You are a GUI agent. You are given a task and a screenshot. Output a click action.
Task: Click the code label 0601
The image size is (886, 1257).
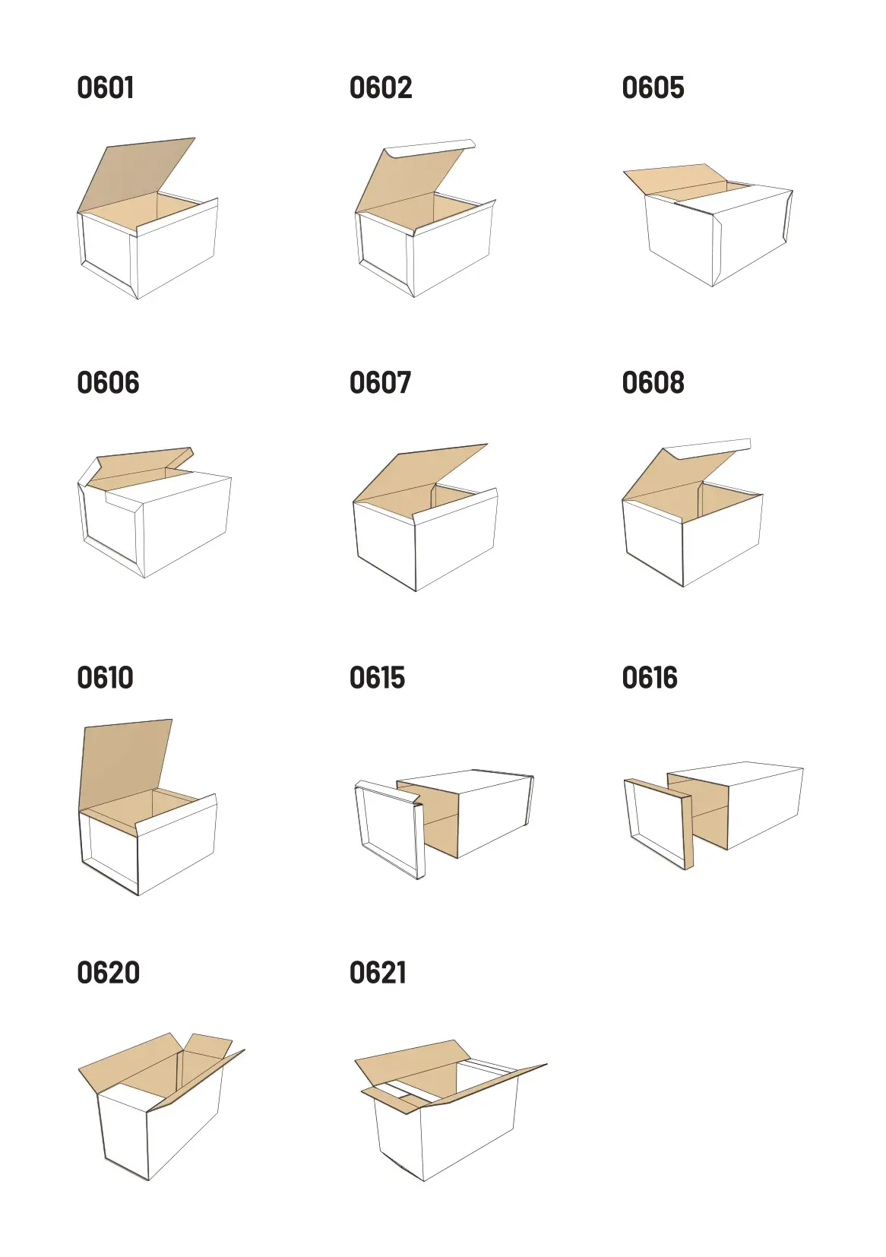(x=106, y=87)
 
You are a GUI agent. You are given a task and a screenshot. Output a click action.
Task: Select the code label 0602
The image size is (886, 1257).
(x=381, y=87)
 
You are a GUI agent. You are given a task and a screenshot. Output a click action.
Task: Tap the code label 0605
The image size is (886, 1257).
(x=653, y=87)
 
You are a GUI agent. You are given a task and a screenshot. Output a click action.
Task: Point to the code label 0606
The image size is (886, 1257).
(x=108, y=383)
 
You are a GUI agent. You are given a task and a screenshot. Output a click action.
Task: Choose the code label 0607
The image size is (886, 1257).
(x=380, y=383)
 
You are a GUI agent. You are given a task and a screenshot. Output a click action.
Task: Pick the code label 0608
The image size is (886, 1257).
(x=653, y=383)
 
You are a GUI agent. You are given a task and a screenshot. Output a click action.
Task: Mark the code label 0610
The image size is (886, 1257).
(x=105, y=677)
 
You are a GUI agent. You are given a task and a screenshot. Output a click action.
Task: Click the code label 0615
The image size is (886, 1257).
(x=377, y=677)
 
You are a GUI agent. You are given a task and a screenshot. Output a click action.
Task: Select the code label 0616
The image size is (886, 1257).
(x=650, y=677)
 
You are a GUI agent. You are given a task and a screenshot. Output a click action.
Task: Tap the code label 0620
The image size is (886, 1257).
(x=108, y=973)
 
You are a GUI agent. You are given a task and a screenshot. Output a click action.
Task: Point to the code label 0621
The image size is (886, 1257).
(x=378, y=973)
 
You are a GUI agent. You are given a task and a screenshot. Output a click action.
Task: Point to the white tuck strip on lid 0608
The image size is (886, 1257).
(x=707, y=448)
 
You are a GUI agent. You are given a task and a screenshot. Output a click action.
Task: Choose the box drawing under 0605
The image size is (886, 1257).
(x=708, y=224)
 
